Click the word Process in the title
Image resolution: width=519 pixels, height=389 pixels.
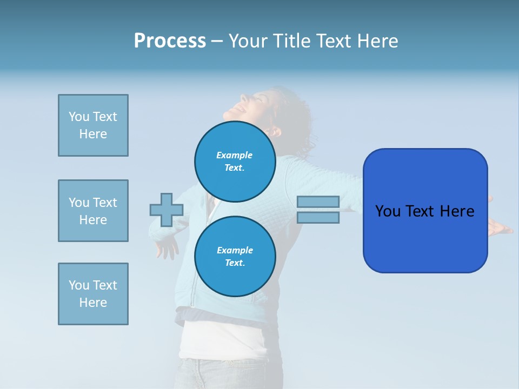pyautogui.click(x=170, y=41)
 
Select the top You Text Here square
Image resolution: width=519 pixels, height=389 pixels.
pyautogui.click(x=93, y=125)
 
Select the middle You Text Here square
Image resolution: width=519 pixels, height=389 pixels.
pyautogui.click(x=93, y=211)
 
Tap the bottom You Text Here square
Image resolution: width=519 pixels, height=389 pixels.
pyautogui.click(x=93, y=294)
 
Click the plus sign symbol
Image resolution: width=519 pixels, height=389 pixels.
pyautogui.click(x=167, y=210)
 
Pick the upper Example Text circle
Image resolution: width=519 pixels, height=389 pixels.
pyautogui.click(x=235, y=162)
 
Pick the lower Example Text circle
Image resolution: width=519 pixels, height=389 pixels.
pyautogui.click(x=235, y=257)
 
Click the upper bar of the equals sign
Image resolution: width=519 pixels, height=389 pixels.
pyautogui.click(x=318, y=202)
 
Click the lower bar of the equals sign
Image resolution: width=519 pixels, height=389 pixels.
pyautogui.click(x=318, y=218)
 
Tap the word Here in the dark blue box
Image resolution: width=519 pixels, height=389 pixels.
pyautogui.click(x=457, y=211)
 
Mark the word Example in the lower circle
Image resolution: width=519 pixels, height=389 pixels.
pyautogui.click(x=235, y=250)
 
